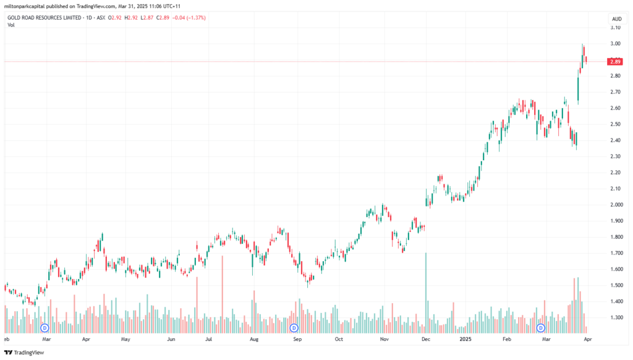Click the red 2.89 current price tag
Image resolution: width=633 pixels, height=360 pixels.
[615, 62]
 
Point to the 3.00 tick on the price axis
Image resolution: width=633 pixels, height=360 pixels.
[615, 44]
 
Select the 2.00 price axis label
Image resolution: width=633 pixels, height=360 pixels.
[615, 205]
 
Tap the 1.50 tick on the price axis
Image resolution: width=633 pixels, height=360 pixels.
[615, 285]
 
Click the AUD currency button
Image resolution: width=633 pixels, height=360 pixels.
[616, 19]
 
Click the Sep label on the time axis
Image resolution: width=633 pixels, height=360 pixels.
[297, 339]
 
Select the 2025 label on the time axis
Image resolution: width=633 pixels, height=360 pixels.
[465, 339]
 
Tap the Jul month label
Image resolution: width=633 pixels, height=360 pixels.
[209, 339]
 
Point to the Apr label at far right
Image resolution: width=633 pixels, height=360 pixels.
[588, 339]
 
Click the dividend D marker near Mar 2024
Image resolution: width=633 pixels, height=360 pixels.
[45, 328]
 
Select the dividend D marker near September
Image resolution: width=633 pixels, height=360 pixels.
[294, 328]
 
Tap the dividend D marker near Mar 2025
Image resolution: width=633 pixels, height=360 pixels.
[540, 328]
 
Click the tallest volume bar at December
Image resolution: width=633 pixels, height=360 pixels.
[425, 293]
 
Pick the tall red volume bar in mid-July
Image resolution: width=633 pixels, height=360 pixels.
[222, 294]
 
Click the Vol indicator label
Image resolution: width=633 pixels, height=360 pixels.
[11, 25]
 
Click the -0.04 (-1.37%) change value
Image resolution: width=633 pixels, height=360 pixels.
[189, 18]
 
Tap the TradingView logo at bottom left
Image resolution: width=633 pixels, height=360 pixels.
[24, 353]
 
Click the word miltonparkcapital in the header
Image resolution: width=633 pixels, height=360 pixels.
[24, 6]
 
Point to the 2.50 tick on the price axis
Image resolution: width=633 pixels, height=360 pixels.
[615, 124]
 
